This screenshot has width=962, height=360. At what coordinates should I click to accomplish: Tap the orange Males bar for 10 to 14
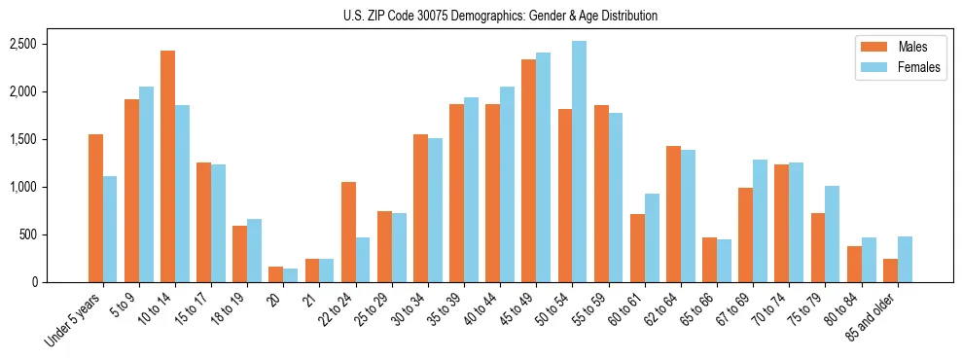168,166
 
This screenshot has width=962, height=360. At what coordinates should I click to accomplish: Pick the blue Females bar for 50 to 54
579,162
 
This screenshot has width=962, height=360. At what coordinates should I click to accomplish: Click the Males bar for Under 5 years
95,208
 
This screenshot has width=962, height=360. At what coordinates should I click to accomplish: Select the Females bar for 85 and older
905,260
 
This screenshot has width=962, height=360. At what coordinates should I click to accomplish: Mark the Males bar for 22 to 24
348,233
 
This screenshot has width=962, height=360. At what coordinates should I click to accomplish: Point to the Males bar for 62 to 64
673,214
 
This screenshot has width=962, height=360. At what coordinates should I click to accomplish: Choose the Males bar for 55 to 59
601,194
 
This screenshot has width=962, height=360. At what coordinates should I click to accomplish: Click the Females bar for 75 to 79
832,234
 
